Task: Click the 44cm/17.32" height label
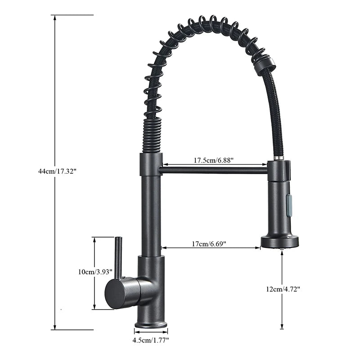(58, 171)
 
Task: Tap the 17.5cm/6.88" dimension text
(214, 160)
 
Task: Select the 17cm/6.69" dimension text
(209, 244)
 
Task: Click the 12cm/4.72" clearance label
(283, 289)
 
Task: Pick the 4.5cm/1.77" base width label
(150, 341)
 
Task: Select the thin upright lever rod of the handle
(118, 256)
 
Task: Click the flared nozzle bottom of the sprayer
(279, 242)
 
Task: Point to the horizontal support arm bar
(214, 170)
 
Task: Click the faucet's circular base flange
(150, 324)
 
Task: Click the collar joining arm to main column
(150, 164)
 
